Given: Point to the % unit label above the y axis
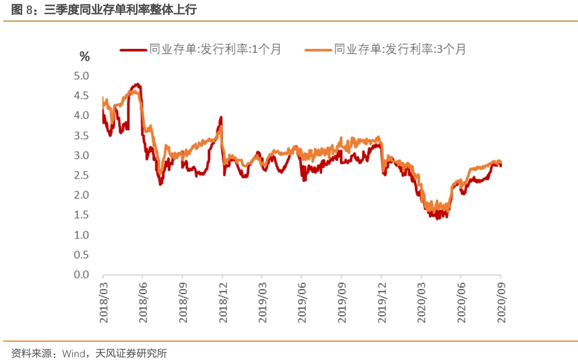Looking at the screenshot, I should point(84,56).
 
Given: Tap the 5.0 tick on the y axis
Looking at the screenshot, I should point(82,75).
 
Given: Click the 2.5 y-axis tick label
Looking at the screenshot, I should point(82,175).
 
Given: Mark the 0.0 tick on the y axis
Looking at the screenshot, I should point(82,275).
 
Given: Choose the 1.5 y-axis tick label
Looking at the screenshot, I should point(82,215).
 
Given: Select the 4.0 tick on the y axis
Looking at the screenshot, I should point(82,115).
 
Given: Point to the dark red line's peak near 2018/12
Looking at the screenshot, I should point(221,118).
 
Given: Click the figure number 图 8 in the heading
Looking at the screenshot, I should point(22,10).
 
